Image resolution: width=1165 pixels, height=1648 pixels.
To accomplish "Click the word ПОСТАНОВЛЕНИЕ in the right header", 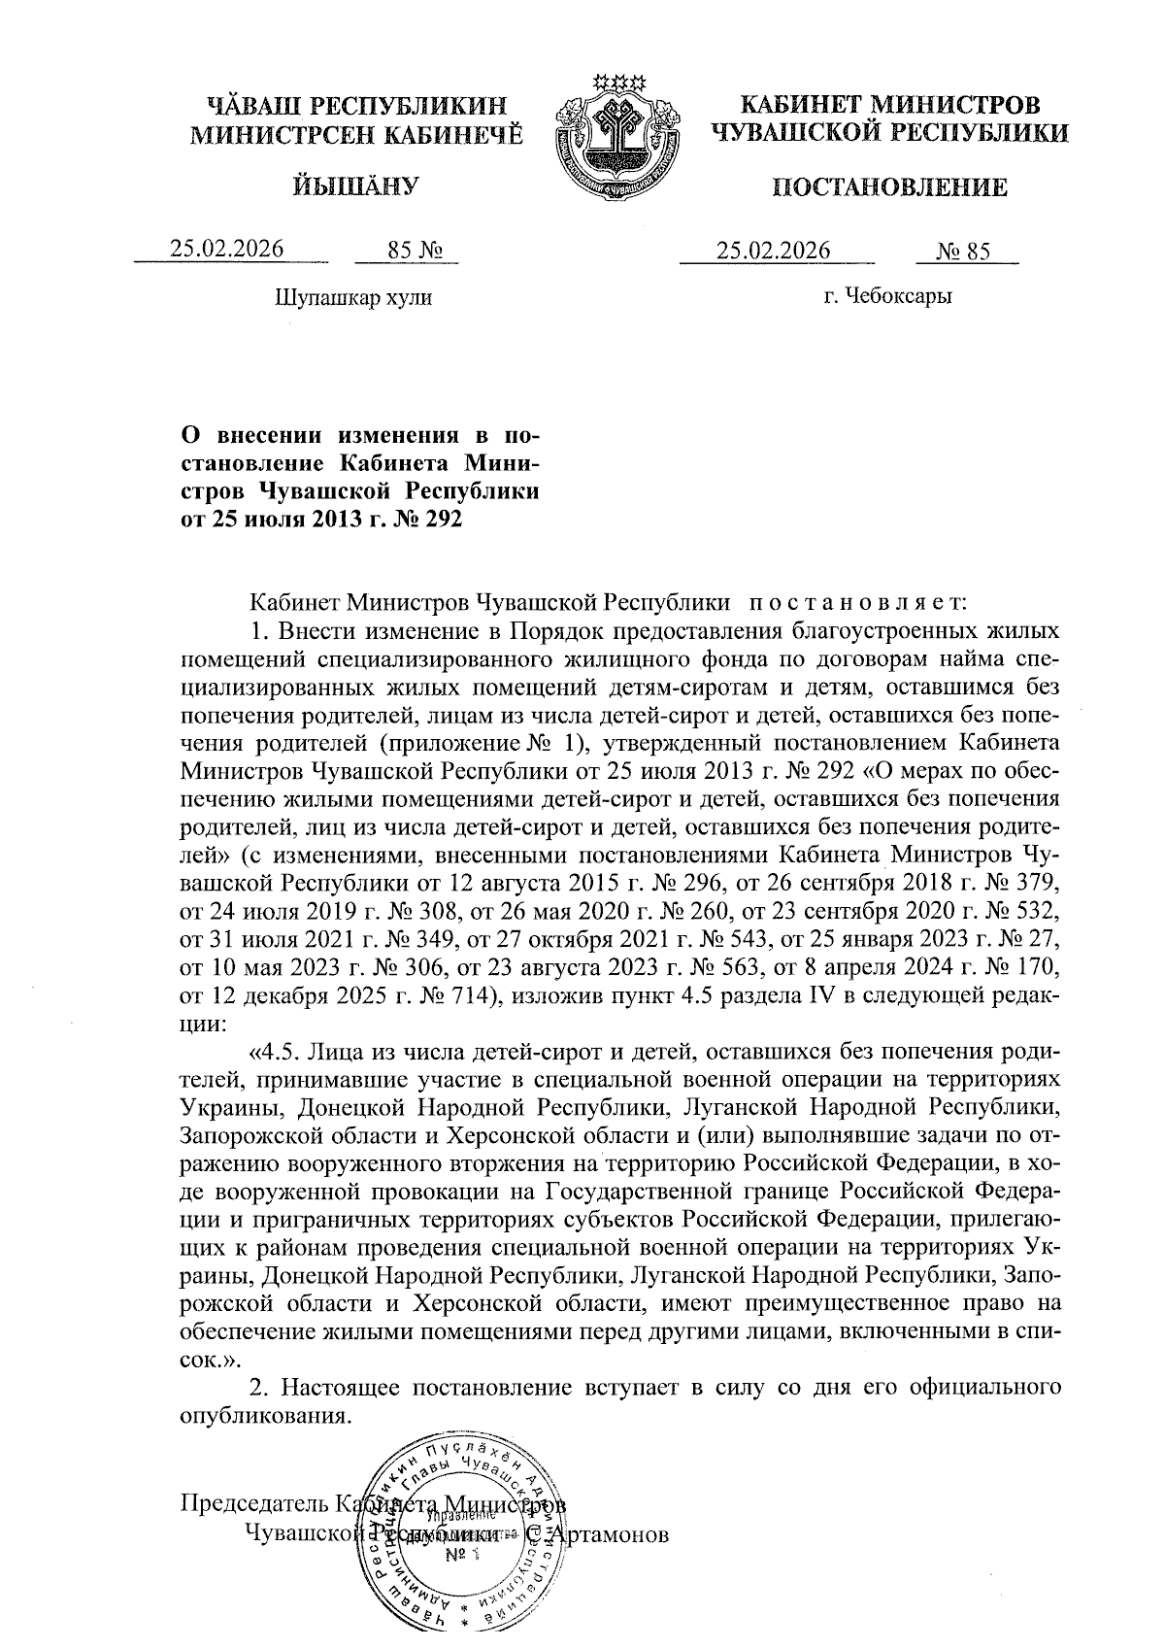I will tap(889, 187).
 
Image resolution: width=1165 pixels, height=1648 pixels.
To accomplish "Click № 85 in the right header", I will tap(963, 252).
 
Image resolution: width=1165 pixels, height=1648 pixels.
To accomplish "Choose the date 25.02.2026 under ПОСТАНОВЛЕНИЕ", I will tap(774, 251).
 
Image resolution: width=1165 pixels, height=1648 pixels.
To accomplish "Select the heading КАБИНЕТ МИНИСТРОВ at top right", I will tap(889, 104).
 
